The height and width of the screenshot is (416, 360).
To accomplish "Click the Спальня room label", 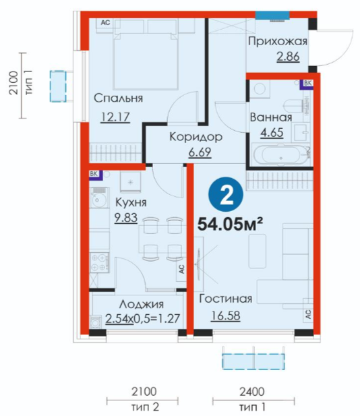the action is tap(119, 98).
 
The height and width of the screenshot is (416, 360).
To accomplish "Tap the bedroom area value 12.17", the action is tap(115, 117).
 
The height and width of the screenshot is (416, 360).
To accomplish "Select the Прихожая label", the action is tap(278, 42).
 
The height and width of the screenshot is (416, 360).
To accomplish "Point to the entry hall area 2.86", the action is tap(288, 57).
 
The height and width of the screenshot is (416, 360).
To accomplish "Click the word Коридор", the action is tap(196, 137).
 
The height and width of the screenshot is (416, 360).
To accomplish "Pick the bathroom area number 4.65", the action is tap(272, 133).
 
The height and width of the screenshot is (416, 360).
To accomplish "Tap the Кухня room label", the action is tap(131, 203).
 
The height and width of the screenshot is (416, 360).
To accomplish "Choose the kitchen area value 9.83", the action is tap(126, 218).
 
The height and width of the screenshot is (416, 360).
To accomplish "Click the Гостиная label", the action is tap(226, 299).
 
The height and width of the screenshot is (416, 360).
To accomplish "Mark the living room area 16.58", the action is tap(226, 316).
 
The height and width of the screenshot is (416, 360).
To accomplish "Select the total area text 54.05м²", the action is tap(231, 225).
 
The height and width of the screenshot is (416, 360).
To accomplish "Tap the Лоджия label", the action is tap(142, 304).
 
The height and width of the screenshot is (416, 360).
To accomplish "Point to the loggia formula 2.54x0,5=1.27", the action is tap(143, 319).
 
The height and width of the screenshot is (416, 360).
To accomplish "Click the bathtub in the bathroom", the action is tap(281, 156).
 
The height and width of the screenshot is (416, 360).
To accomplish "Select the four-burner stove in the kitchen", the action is tap(100, 263).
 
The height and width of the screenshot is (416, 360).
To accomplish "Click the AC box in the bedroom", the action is tap(106, 23).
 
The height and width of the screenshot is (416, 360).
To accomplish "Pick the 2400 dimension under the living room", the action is tap(252, 392).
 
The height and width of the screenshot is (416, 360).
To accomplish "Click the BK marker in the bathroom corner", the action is tap(307, 84).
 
